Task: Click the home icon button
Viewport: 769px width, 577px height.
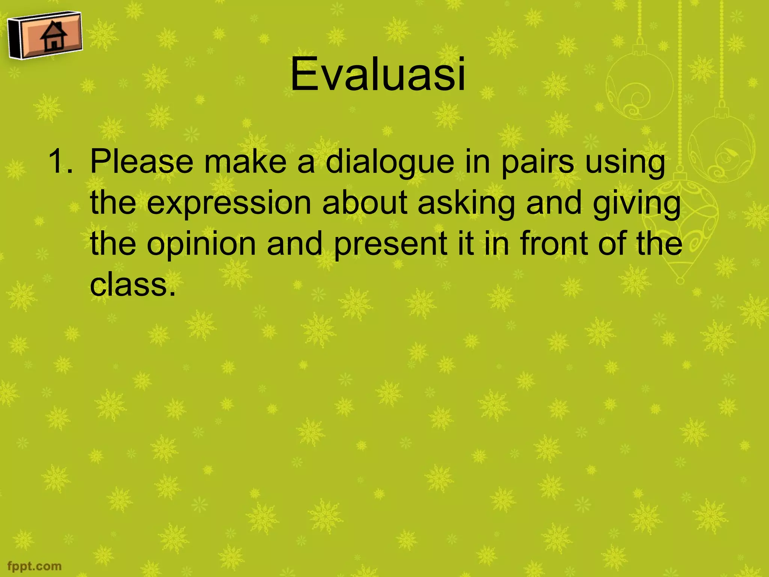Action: [x=45, y=36]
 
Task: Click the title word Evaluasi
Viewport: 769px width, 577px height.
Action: [x=378, y=74]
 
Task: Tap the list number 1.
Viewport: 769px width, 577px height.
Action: [x=60, y=162]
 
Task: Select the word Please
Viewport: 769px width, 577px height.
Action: [x=142, y=162]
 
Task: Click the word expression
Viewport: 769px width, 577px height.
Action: [x=229, y=203]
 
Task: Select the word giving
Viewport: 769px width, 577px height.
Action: [x=636, y=203]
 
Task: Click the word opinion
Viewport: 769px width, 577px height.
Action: [x=201, y=244]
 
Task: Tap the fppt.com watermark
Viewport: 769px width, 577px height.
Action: [x=34, y=566]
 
